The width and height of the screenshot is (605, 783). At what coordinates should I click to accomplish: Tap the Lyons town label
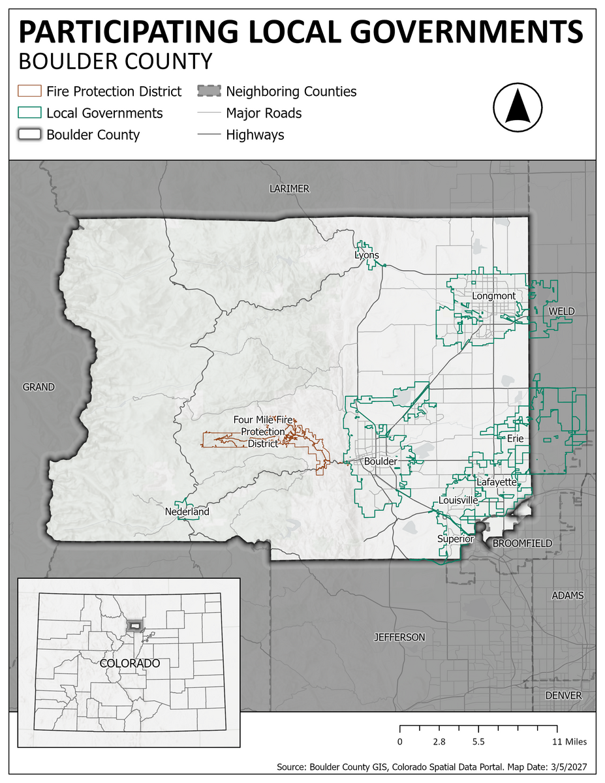tap(366, 255)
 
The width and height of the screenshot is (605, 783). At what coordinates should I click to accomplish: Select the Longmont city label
tap(493, 296)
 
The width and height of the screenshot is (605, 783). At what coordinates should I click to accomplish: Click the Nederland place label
tap(187, 512)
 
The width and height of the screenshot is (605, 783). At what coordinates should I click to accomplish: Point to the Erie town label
tap(515, 438)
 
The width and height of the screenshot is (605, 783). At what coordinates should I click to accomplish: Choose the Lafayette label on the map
tap(497, 482)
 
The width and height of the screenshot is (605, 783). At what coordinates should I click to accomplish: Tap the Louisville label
tap(458, 500)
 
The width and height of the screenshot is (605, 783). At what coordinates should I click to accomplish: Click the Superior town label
tap(456, 539)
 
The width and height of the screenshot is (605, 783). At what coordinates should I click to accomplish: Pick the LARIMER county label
tap(289, 189)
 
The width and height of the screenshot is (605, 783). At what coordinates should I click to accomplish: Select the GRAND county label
tap(39, 387)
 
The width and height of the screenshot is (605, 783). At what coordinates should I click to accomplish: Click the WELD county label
tap(561, 311)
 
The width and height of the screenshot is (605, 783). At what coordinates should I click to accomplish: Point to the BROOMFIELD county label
tap(522, 543)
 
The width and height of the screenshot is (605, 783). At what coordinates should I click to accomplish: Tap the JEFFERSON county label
tap(399, 637)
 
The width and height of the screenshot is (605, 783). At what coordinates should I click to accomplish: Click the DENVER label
tap(563, 695)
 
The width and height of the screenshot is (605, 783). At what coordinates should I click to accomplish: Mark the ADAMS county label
tap(567, 596)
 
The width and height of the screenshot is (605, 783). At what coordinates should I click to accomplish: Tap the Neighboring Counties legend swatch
tap(208, 91)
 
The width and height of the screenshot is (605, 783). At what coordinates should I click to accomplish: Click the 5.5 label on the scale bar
tap(478, 742)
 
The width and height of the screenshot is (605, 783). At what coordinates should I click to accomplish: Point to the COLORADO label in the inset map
tap(130, 663)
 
